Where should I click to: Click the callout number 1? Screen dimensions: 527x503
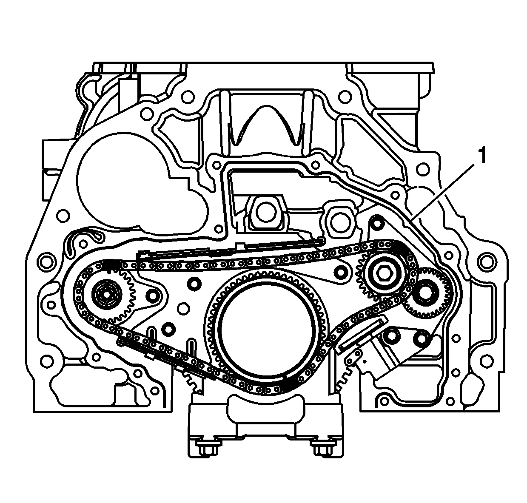coord(481,156)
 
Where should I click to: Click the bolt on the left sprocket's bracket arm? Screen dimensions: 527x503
coord(152,296)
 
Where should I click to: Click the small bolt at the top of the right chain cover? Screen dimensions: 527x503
coord(377,222)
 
